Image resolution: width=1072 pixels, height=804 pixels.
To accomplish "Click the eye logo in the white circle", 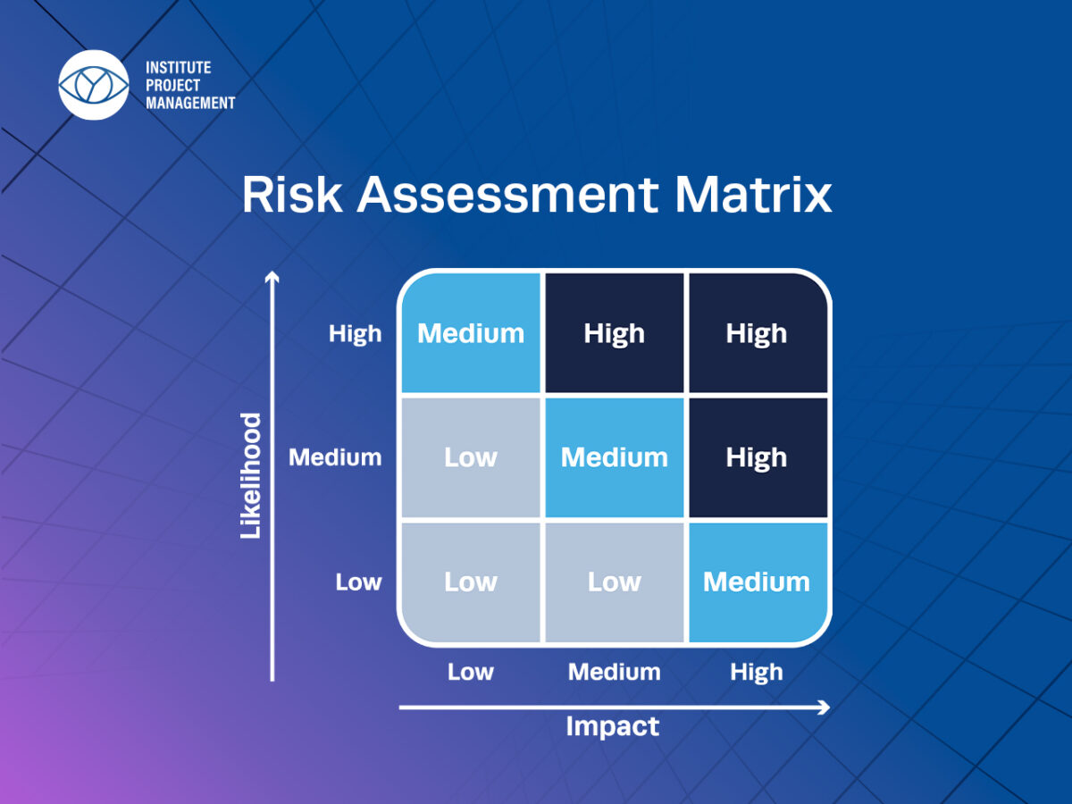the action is pos(93,85).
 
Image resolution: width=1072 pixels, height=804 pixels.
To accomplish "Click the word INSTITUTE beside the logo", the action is pos(179,67).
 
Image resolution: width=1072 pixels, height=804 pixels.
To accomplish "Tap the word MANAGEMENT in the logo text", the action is pos(190,103).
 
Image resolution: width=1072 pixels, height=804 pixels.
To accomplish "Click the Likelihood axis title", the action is pos(250,476).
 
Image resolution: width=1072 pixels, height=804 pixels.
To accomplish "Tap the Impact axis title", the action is pos(613,726).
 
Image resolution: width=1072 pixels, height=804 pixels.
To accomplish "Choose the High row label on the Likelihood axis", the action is pos(355,334).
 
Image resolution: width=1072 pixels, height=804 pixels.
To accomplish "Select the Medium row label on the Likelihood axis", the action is pos(335,457).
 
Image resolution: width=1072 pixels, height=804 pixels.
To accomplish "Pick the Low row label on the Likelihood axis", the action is pos(358,582).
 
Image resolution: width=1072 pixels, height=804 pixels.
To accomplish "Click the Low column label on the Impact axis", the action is pos(470,672).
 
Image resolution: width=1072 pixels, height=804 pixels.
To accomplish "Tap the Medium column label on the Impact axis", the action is pos(614,672).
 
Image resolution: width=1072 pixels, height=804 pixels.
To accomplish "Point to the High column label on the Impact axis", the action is pos(757,673).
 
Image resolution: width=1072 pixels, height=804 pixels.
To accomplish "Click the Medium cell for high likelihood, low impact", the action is pos(471,333).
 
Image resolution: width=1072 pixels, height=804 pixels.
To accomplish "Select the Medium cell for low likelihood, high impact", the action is pos(758,582).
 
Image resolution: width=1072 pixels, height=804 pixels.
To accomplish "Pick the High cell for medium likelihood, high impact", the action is pos(758,457).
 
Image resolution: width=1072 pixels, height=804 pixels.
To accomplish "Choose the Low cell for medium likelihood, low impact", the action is pos(471,457).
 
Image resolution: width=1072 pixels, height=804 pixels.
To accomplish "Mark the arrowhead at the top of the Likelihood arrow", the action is pos(272,276).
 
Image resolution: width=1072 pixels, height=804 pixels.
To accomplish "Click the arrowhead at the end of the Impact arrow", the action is pos(825,707).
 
